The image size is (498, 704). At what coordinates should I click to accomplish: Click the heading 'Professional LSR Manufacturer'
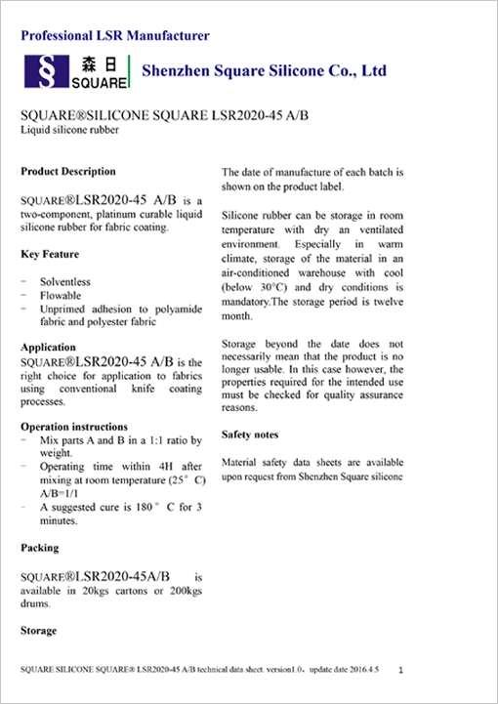[115, 36]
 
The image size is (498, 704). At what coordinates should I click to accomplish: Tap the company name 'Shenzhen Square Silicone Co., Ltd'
[265, 70]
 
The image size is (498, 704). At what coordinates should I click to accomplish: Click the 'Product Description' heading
[68, 172]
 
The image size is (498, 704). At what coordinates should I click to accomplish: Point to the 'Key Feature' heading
[50, 254]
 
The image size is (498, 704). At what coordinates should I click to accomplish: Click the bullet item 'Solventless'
[65, 282]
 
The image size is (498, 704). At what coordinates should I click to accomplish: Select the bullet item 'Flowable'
[61, 295]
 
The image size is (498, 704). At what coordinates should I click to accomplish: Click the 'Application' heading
[48, 348]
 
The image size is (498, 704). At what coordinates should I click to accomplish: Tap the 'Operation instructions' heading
[74, 427]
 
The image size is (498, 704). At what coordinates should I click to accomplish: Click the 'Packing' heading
[40, 548]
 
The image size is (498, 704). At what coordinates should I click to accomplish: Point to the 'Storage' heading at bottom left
[39, 631]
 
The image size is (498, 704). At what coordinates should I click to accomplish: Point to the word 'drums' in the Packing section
[36, 603]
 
